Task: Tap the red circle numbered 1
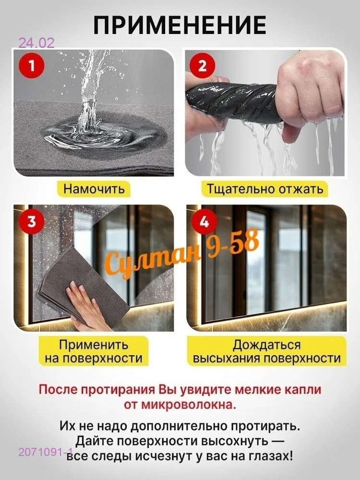pyautogui.click(x=32, y=66)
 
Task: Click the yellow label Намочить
pyautogui.click(x=94, y=189)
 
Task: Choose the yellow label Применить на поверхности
pyautogui.click(x=94, y=351)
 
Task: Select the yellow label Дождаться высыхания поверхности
pyautogui.click(x=266, y=351)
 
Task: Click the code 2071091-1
pyautogui.click(x=46, y=452)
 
